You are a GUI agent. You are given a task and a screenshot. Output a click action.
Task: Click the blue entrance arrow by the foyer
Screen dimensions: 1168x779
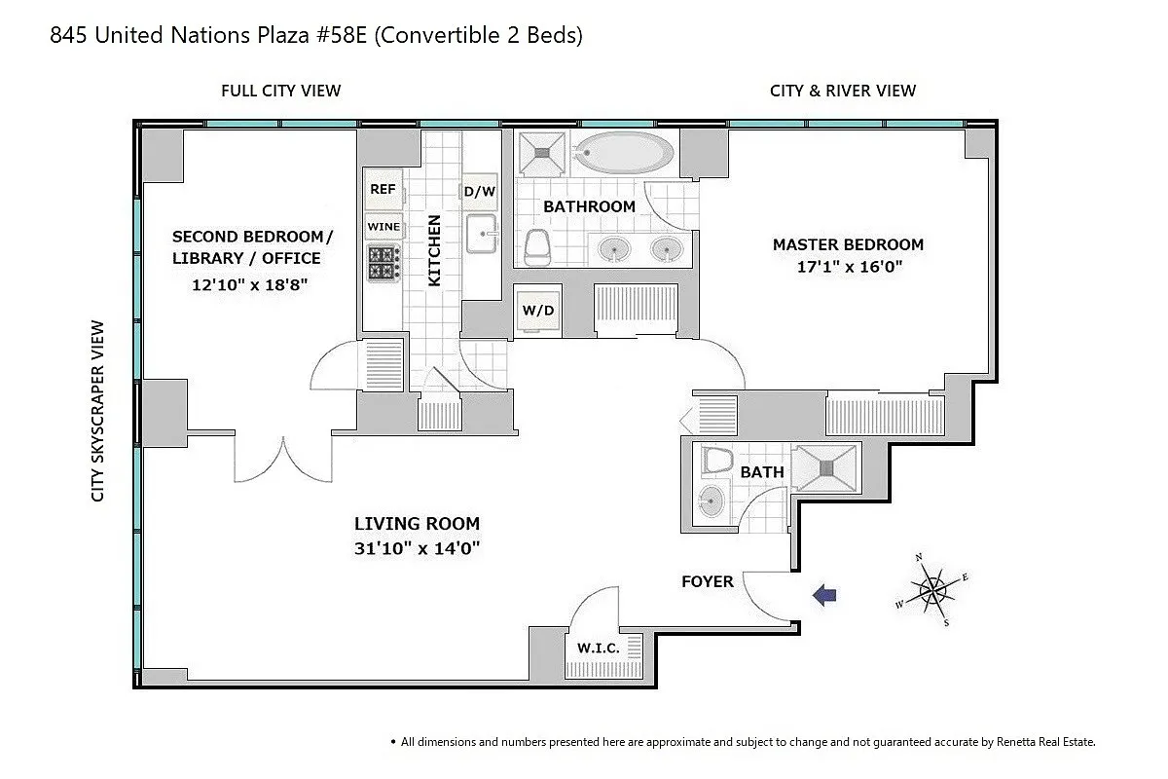[x=825, y=595]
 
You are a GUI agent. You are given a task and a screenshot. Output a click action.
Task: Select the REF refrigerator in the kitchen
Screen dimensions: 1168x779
[x=383, y=189]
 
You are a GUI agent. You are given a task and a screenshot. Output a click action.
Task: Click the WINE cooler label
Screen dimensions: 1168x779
[x=383, y=227]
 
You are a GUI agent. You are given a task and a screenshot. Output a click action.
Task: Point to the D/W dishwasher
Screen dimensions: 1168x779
[x=479, y=192]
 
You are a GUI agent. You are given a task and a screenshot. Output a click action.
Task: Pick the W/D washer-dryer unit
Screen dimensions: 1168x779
[x=538, y=311]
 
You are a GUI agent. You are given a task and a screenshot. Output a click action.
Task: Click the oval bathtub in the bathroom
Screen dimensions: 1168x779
[x=624, y=152]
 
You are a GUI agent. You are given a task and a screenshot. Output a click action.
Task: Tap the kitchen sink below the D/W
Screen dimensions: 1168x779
[x=481, y=234]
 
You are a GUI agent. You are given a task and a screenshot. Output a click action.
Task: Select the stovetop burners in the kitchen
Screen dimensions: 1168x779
[x=383, y=263]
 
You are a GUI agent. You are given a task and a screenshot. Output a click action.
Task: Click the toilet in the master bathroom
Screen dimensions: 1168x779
[x=537, y=246]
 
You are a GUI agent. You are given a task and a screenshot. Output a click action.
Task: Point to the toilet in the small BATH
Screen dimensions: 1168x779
[x=716, y=460]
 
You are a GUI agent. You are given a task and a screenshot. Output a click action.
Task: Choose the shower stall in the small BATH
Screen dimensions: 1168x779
[x=826, y=468]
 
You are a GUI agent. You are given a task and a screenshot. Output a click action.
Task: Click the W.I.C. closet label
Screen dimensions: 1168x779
[x=598, y=649]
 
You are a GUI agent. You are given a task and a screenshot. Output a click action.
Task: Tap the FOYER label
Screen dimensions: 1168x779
[x=708, y=581]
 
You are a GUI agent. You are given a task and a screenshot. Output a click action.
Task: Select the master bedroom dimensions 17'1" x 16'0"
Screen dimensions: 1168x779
[x=850, y=267]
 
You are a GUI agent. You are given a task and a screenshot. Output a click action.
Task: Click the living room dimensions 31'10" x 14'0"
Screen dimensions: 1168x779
[x=417, y=548]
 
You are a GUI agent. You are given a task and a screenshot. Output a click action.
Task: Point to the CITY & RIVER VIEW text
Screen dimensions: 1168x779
[x=843, y=91]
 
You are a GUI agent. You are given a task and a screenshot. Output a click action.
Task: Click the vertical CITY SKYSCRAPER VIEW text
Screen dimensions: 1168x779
[x=97, y=411]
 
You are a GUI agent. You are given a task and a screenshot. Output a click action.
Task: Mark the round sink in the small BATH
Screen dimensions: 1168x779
[x=712, y=501]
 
